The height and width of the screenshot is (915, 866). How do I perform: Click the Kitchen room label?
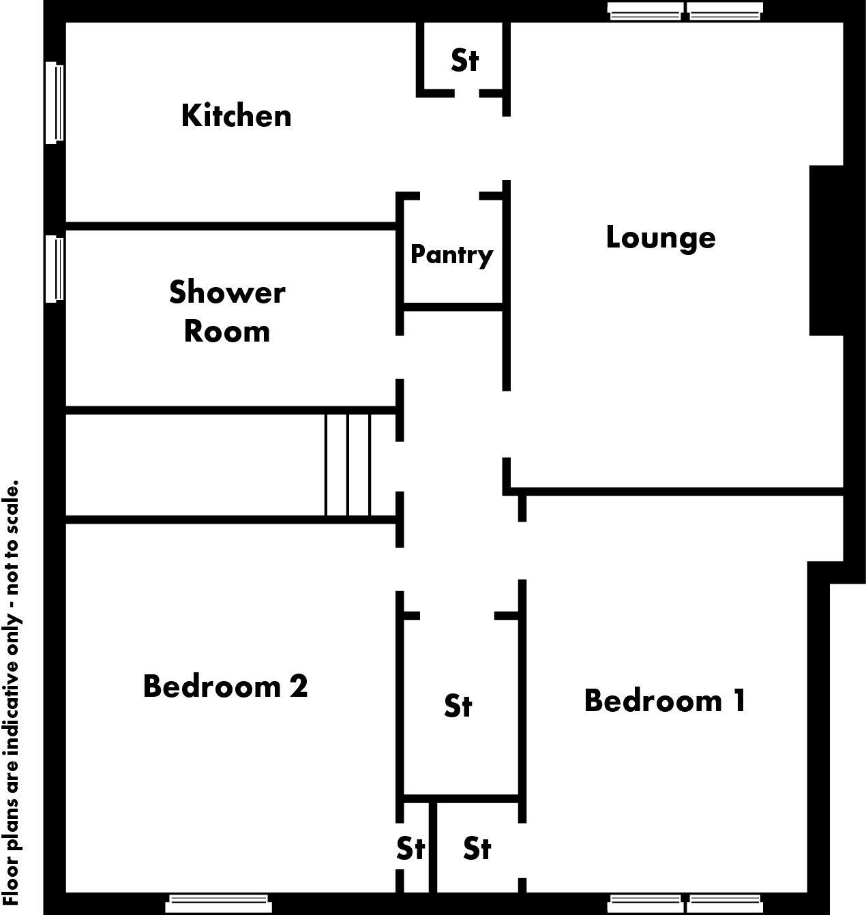(236, 116)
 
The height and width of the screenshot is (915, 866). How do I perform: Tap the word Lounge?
(660, 238)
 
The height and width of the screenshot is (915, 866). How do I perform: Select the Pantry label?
(451, 254)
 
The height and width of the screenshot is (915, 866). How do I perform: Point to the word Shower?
(227, 292)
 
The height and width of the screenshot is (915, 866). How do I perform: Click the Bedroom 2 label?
(225, 686)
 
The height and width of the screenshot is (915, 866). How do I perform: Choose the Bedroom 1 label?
(665, 701)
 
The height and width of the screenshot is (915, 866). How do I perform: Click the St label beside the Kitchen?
(464, 60)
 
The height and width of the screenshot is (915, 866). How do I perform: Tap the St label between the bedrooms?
(458, 706)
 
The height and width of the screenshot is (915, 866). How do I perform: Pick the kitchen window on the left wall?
(55, 103)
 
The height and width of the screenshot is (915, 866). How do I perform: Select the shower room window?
(55, 268)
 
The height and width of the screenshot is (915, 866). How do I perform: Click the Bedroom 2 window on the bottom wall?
(218, 903)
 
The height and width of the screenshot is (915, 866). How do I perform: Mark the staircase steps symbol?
(348, 464)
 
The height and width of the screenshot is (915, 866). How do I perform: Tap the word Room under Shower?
(227, 331)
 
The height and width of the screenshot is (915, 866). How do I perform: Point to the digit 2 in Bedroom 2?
(298, 686)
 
